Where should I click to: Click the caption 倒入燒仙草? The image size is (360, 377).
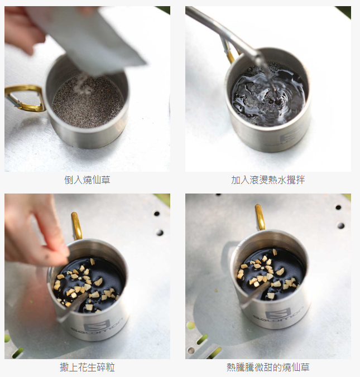pos(87,180)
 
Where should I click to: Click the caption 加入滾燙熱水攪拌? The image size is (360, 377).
pos(268,180)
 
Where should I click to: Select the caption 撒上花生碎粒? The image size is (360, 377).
pos(87,368)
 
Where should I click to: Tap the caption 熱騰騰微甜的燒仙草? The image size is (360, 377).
pos(268,368)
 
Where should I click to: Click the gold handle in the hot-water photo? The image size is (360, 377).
pos(229,52)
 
